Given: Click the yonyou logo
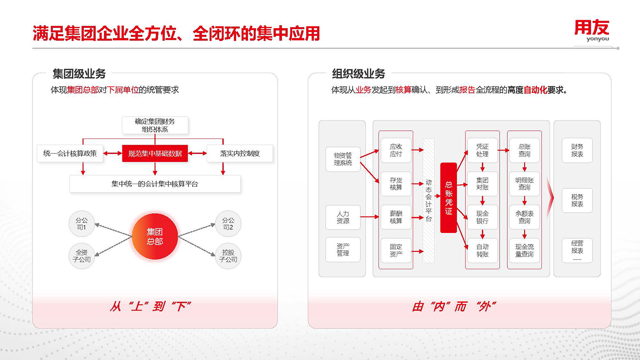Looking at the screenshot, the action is point(592,31).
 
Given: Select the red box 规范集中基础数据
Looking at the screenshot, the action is point(155,153).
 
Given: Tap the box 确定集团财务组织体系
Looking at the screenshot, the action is point(155,125).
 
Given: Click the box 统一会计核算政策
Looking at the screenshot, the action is point(70,153).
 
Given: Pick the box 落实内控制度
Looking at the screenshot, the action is point(240,153).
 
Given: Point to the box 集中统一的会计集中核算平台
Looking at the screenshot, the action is point(155,184).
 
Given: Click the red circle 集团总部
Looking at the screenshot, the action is point(155,236).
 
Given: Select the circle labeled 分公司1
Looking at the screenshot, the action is point(81,224).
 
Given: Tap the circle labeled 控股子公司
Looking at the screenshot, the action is point(228,256).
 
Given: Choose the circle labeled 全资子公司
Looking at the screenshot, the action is point(81,256).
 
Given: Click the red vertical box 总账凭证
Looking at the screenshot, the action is point(448,198).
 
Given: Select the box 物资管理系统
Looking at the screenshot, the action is point(343,159).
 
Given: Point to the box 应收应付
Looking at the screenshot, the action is point(396,150).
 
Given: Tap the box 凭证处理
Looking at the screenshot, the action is point(482,150).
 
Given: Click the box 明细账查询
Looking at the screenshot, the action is point(524,184).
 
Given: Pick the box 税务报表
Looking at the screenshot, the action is point(577,200).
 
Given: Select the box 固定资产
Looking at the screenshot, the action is point(396,250).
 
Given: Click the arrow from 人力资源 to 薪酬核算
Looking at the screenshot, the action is point(370,217).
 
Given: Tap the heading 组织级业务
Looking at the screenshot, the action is point(358,74).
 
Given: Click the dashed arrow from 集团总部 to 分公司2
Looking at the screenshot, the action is point(197,230).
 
